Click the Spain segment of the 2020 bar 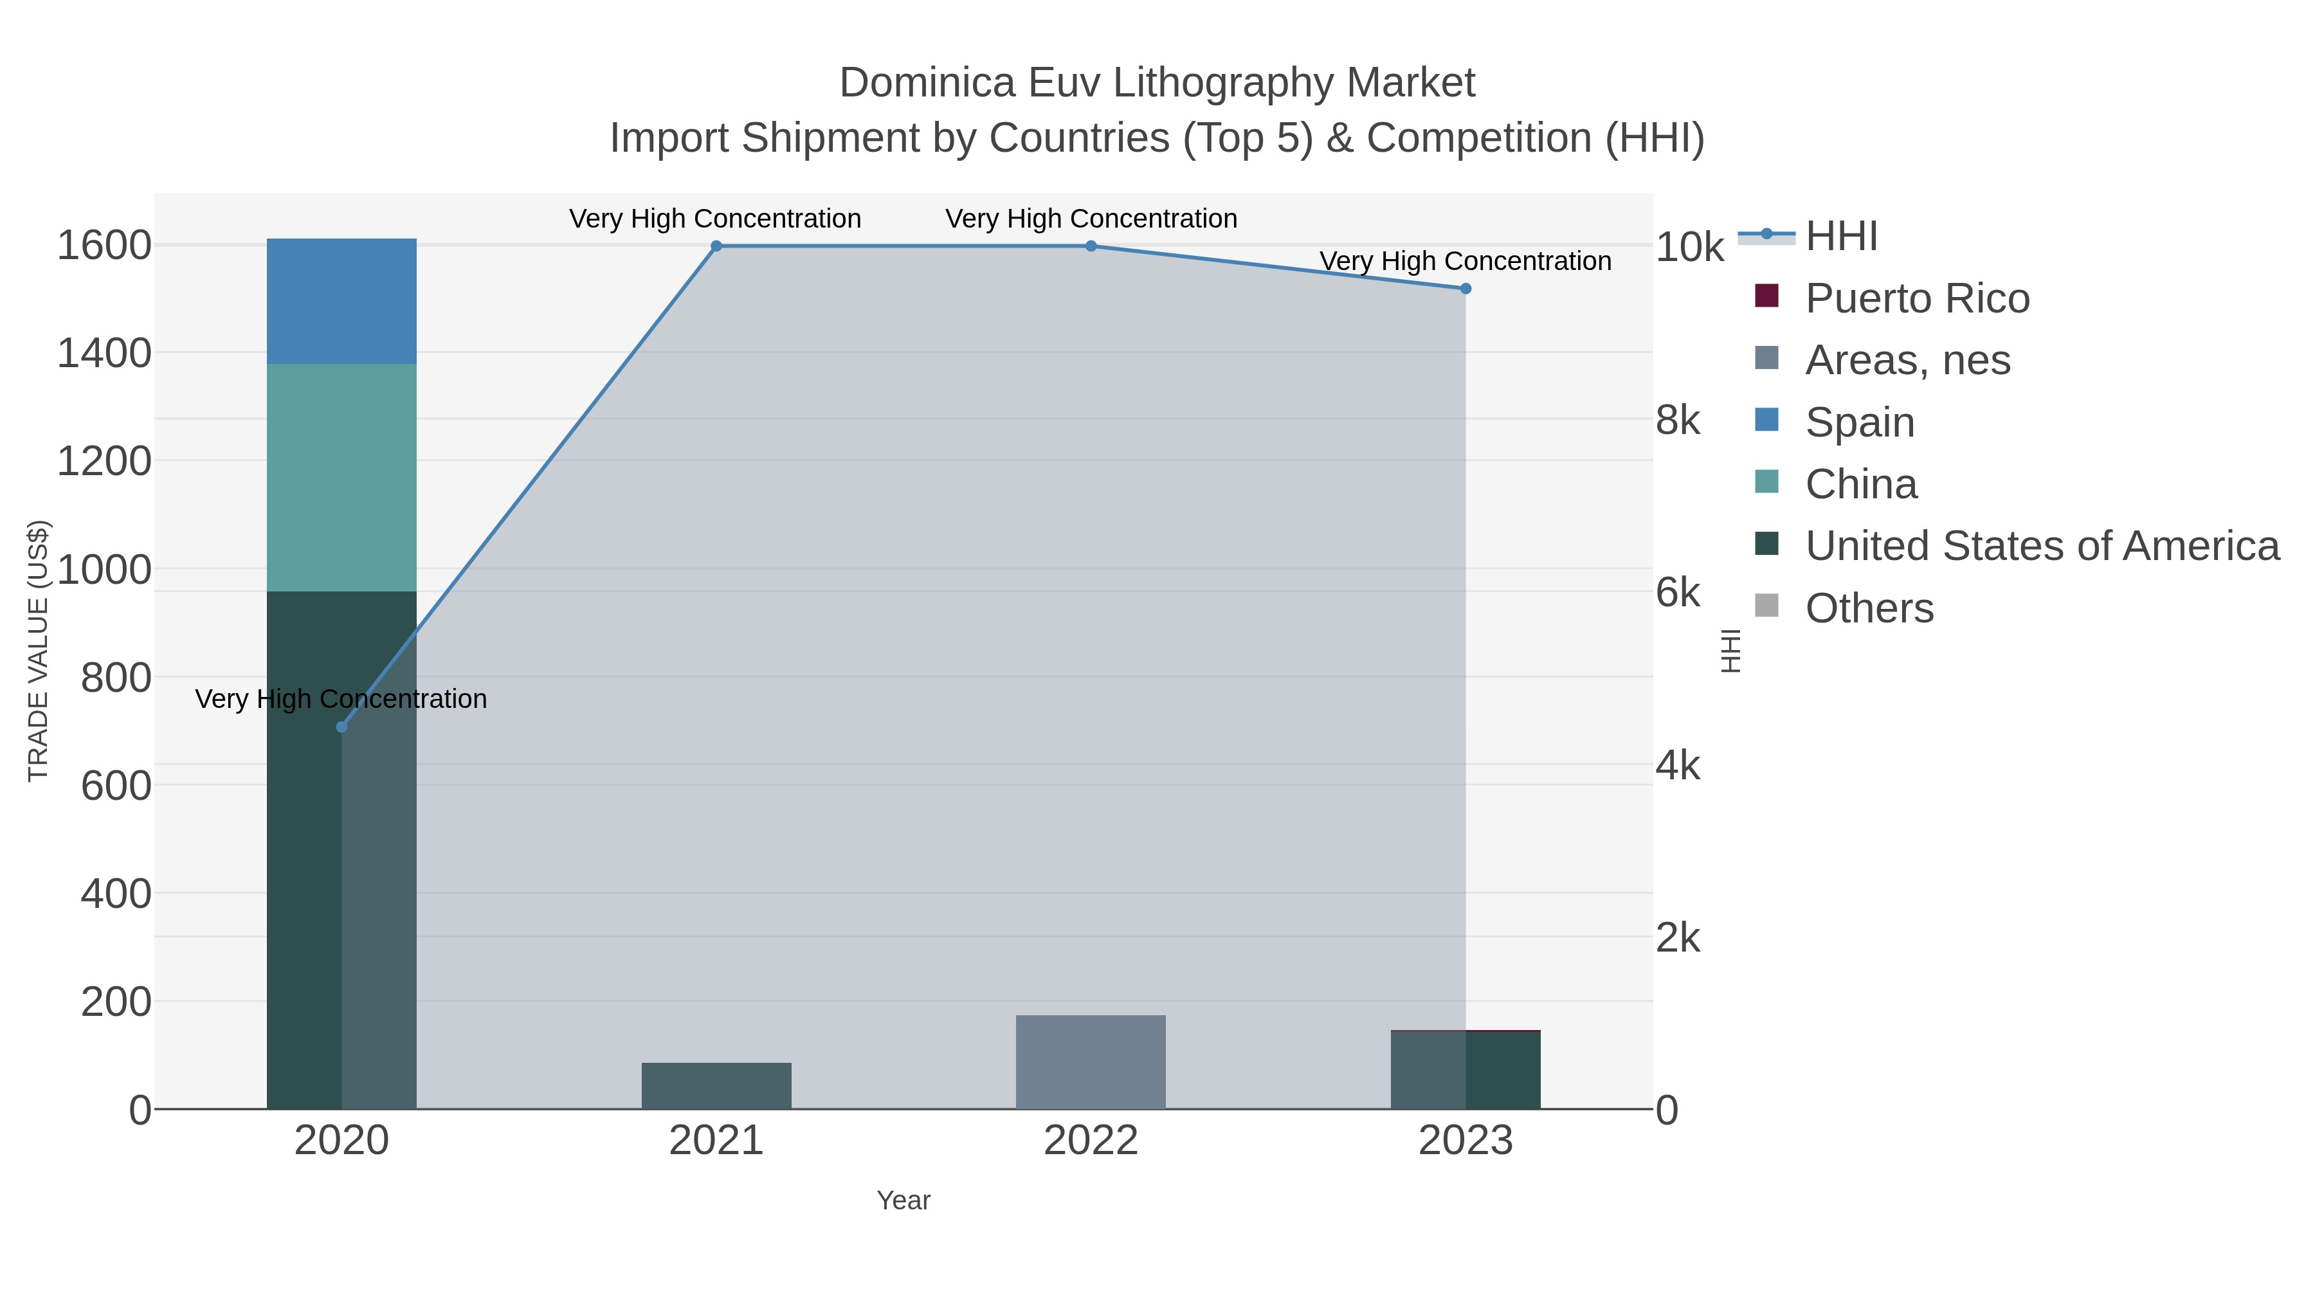pos(341,301)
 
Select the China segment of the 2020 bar pos(341,477)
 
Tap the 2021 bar pos(716,1085)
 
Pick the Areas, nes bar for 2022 pos(1090,1062)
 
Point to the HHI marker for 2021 pos(716,246)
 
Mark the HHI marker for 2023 pos(1466,289)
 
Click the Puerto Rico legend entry pos(1917,298)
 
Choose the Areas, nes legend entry pos(1907,360)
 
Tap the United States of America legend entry pos(2041,547)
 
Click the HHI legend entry pos(1840,237)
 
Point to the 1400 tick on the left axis pos(104,353)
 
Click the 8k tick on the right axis pos(1678,420)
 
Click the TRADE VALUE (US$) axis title pos(38,651)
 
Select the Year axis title pos(903,1200)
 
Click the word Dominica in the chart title pos(927,83)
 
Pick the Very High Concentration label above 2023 pos(1465,262)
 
